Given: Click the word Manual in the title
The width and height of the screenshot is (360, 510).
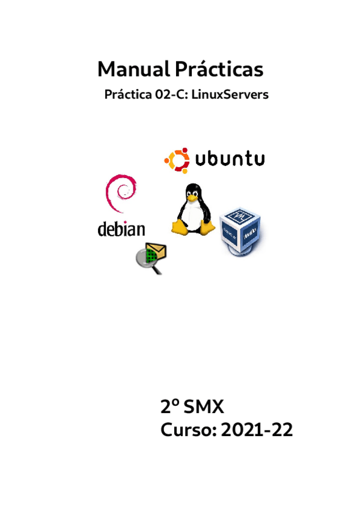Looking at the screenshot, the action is (x=133, y=69).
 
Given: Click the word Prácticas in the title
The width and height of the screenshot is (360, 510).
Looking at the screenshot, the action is (x=219, y=69).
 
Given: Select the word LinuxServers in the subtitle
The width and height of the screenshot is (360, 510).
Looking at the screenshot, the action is (x=230, y=94).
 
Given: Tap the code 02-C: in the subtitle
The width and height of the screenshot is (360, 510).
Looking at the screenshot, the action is (x=171, y=94).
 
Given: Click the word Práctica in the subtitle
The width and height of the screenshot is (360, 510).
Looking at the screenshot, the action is (x=128, y=94).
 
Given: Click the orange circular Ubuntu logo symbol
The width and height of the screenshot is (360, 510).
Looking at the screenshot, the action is (x=177, y=161).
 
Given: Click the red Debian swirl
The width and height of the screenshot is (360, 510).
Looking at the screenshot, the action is (x=121, y=193).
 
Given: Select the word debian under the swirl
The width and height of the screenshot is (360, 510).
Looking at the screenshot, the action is (x=121, y=229).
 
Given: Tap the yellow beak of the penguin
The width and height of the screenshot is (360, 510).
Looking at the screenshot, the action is (x=192, y=197).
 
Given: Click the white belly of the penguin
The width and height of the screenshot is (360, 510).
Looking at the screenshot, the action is (x=192, y=216).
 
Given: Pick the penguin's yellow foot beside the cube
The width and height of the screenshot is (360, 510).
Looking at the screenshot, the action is (x=207, y=227).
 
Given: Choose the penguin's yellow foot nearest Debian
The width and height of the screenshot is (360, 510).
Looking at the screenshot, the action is (x=179, y=227).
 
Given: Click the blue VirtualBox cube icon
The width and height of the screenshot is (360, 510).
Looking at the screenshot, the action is (x=241, y=232).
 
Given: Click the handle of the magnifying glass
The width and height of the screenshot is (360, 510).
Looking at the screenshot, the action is (x=157, y=269).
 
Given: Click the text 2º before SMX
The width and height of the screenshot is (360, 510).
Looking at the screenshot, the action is (x=170, y=407).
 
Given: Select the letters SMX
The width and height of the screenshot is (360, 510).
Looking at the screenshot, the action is (x=204, y=407).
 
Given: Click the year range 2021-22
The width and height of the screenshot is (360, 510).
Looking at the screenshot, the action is (x=257, y=429).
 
